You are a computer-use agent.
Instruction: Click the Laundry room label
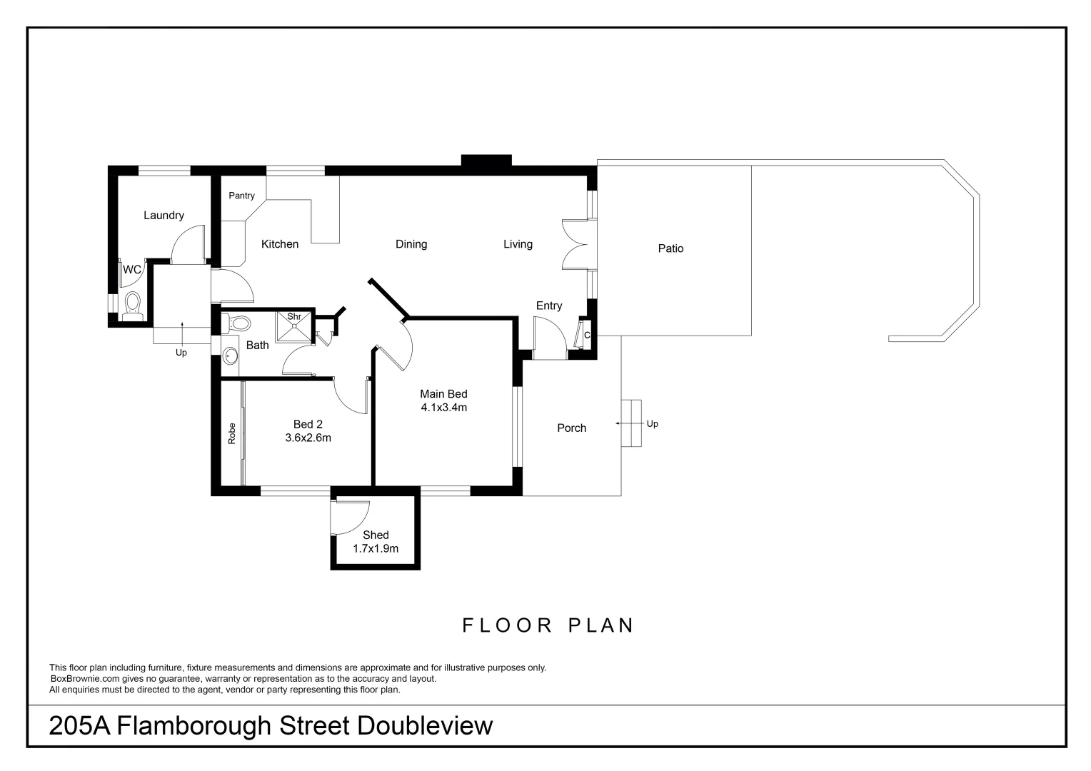[x=164, y=216]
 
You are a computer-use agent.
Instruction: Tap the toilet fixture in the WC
[x=132, y=304]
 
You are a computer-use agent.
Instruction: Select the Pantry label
[x=241, y=196]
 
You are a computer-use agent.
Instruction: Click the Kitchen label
[x=279, y=244]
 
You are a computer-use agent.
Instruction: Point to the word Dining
[x=411, y=244]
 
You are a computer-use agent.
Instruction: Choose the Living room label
[x=518, y=244]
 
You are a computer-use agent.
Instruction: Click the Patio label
[x=670, y=248]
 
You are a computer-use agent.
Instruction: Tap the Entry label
[x=548, y=306]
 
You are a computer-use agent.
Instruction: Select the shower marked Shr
[x=294, y=328]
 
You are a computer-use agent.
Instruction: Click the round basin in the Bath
[x=231, y=355]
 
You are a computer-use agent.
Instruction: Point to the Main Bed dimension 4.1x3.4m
[x=443, y=408]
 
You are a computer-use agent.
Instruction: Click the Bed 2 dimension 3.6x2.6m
[x=308, y=438]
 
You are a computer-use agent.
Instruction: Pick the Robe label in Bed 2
[x=231, y=434]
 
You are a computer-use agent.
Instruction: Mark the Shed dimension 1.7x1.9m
[x=376, y=548]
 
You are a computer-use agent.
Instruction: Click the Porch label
[x=571, y=428]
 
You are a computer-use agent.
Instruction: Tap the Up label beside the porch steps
[x=652, y=424]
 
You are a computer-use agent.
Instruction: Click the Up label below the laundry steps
[x=181, y=353]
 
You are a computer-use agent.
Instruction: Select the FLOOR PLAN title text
[x=548, y=625]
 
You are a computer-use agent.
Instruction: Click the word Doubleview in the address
[x=425, y=726]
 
